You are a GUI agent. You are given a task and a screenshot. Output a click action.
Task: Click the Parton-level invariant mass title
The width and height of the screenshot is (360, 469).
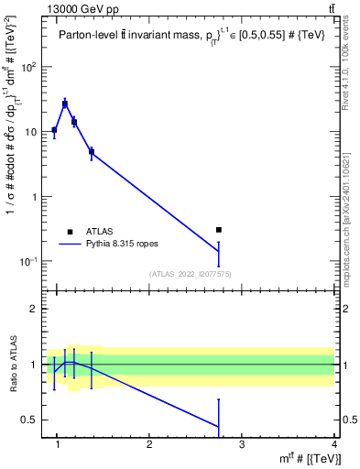(188, 36)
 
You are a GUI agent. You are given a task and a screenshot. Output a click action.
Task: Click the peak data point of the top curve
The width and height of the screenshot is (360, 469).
(65, 104)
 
